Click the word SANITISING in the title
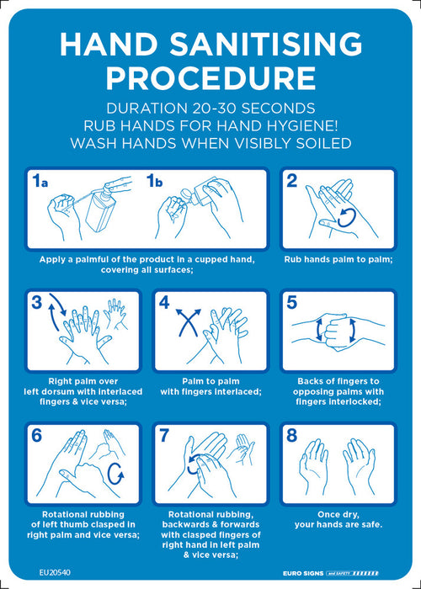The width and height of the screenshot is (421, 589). (265, 44)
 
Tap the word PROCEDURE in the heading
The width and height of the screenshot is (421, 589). (210, 77)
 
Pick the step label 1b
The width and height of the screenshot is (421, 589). (155, 182)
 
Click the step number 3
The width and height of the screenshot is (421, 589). (37, 302)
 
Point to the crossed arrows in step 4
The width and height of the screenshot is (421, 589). (189, 321)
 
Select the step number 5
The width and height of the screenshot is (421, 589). (291, 303)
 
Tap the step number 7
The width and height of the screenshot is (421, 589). (164, 435)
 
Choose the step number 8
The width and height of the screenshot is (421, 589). (291, 435)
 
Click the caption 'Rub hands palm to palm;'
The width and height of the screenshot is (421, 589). (338, 259)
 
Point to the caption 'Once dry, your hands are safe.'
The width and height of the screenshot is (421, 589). (338, 519)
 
